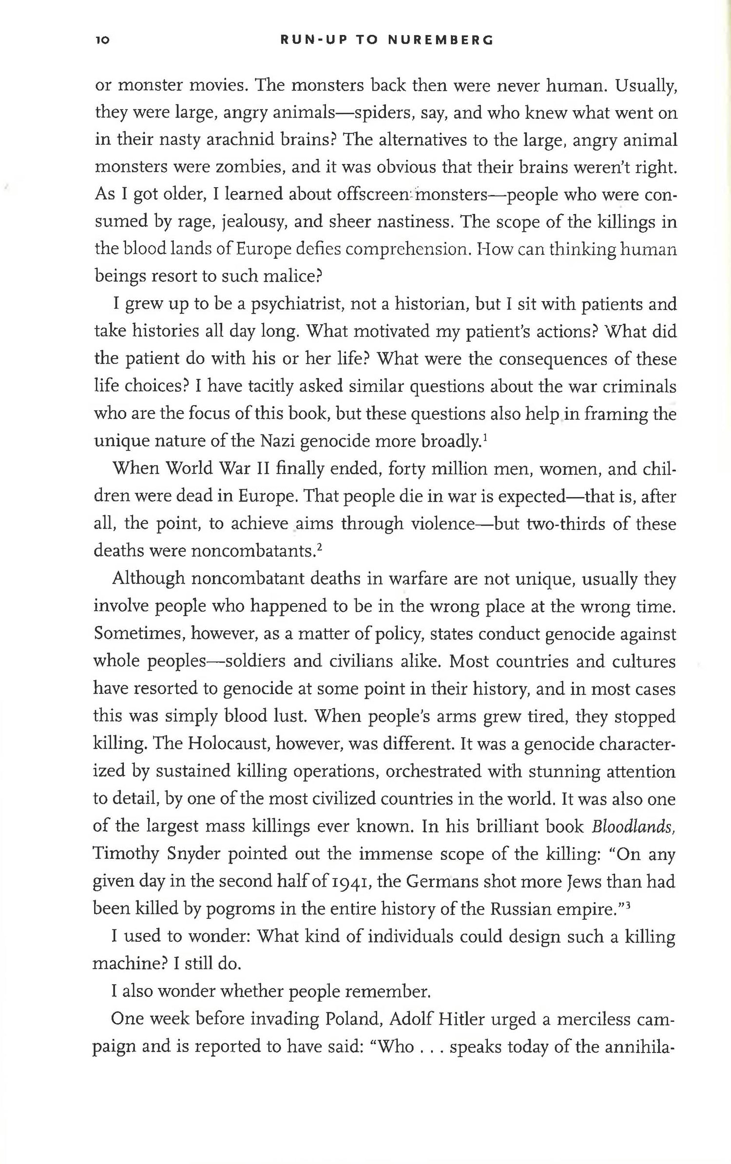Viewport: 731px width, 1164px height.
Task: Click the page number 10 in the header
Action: point(103,40)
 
